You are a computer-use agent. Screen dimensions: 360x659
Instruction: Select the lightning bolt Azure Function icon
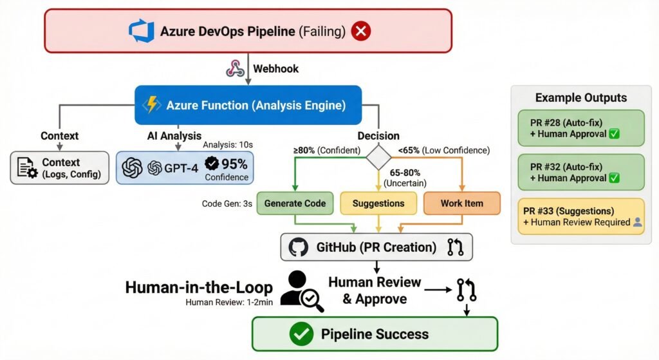[x=153, y=104]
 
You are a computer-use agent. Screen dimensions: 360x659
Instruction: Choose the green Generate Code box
[x=295, y=203]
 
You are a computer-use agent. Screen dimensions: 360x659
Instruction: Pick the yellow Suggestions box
[x=378, y=203]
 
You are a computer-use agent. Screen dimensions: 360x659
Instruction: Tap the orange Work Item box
[x=461, y=203]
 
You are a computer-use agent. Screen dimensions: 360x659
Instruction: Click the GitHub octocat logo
[x=298, y=247]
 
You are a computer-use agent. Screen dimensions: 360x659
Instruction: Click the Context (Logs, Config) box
[x=60, y=168]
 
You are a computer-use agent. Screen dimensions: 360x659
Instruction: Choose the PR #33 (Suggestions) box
[x=581, y=216]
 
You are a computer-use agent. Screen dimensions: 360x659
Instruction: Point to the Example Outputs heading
[x=580, y=98]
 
